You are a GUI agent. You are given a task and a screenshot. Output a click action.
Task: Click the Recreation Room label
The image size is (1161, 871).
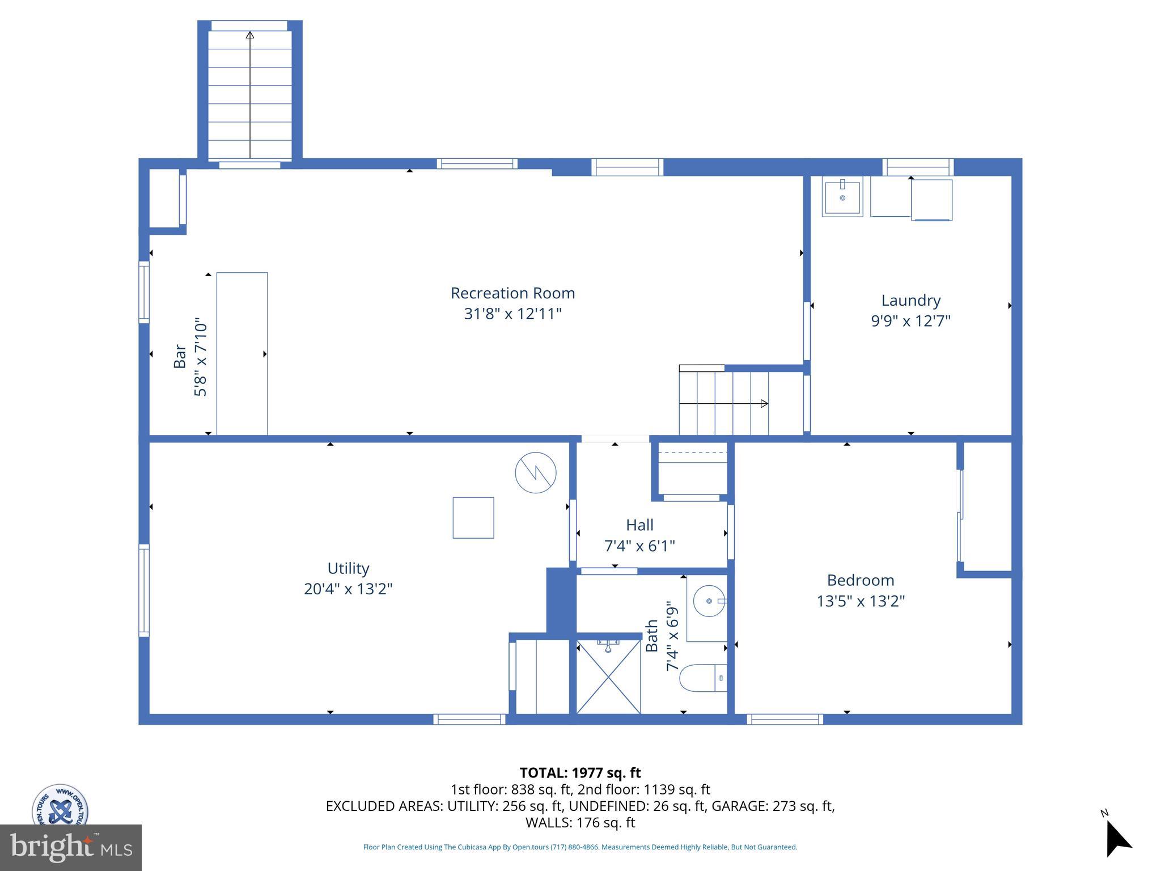coord(512,293)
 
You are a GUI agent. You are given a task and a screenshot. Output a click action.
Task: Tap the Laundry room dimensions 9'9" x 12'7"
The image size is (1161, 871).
coord(910,321)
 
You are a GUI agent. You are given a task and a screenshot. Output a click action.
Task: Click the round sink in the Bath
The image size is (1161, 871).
coord(709,601)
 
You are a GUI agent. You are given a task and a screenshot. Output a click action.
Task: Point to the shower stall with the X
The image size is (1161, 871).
coord(608,676)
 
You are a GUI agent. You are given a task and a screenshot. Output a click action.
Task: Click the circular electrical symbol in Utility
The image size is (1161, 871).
coord(535,472)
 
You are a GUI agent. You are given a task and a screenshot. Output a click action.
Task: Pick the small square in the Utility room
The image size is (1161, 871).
coord(473,518)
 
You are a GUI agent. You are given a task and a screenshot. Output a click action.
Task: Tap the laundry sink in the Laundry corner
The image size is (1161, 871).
coord(842,197)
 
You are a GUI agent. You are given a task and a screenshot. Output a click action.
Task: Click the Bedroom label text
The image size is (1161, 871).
coord(860,580)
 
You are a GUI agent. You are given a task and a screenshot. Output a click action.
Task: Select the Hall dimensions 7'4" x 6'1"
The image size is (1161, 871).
coord(639,546)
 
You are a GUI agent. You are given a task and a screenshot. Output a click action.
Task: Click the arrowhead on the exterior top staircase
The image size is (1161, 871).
coord(249,35)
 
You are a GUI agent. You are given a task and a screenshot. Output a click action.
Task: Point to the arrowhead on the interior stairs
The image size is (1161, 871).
coord(764,404)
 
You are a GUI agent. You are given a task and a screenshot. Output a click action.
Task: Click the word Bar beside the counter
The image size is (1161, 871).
coord(180,356)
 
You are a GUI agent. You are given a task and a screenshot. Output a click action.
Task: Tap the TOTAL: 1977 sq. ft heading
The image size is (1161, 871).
coord(580,773)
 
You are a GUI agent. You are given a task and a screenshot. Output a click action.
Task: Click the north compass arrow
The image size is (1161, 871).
coord(1117,840)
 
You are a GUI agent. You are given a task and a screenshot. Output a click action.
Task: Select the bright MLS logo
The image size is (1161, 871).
coord(71,848)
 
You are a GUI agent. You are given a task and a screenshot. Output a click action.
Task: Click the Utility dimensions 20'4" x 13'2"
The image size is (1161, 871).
coord(348,589)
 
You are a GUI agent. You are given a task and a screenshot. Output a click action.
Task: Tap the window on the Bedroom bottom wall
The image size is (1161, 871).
coord(785,719)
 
